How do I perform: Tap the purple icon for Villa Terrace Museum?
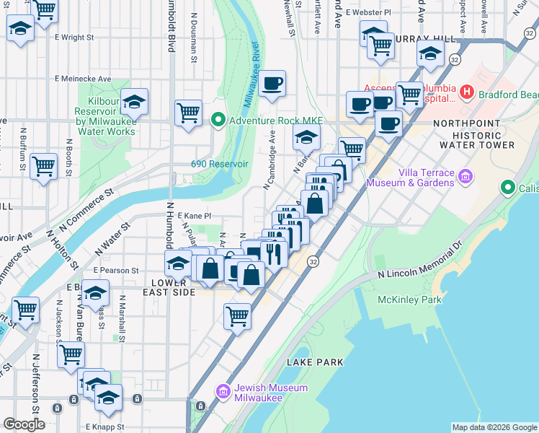(x=465, y=177)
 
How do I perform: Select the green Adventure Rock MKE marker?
(x=217, y=119)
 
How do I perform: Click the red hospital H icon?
(x=466, y=92)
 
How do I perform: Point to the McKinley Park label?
(x=409, y=299)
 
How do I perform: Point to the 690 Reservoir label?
(x=220, y=164)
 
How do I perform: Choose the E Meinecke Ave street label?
(x=82, y=79)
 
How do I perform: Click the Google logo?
(x=24, y=424)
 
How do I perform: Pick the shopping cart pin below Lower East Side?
(x=237, y=315)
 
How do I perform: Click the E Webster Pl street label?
(x=367, y=12)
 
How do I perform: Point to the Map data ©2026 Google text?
(x=494, y=427)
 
